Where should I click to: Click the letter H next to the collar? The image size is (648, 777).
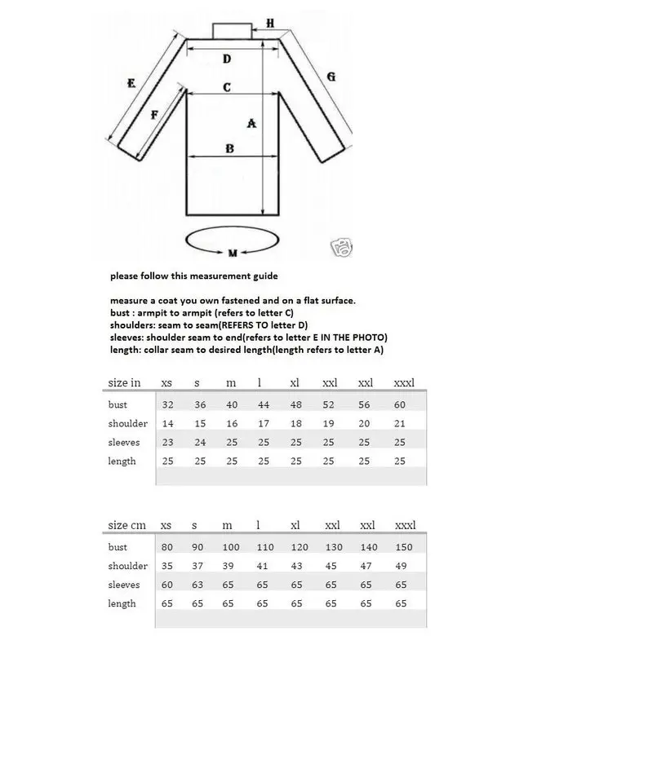(x=271, y=23)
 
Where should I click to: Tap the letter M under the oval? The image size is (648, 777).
(x=232, y=254)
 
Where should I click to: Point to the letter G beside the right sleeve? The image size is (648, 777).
(x=331, y=77)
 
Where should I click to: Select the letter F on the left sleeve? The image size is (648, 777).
(x=155, y=115)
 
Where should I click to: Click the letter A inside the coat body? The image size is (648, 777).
(x=251, y=123)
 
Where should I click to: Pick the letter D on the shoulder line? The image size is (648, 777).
(x=227, y=59)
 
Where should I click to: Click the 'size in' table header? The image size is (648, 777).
(x=124, y=382)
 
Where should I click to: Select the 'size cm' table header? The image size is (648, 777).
(x=126, y=525)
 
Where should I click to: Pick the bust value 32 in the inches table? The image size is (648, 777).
(x=167, y=404)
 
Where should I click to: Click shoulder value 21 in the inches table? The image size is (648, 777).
(x=400, y=423)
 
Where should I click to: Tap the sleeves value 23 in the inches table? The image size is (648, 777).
(x=167, y=442)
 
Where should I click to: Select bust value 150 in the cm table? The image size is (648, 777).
(x=403, y=547)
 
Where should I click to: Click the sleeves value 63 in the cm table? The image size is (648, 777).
(x=197, y=585)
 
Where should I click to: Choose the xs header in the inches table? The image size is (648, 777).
(x=166, y=382)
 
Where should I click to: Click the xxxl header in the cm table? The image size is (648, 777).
(x=404, y=525)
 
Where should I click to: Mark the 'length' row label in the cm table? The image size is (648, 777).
(x=122, y=603)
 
